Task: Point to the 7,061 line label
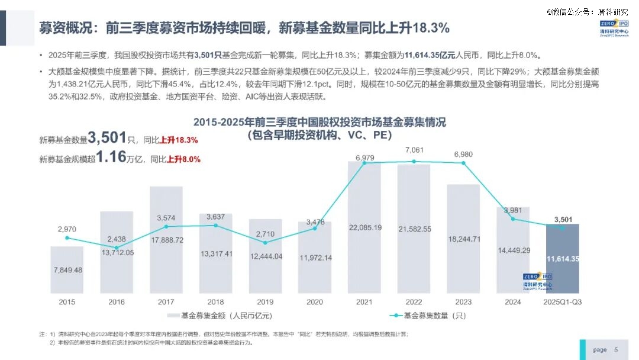click(414, 150)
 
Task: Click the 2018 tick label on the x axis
click(215, 302)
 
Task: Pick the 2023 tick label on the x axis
click(463, 302)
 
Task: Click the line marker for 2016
click(117, 247)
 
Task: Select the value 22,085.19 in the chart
click(364, 227)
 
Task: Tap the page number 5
click(616, 350)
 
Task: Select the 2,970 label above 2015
click(67, 229)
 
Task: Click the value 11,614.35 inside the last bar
click(563, 259)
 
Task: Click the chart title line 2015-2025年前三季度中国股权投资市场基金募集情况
click(319, 123)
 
